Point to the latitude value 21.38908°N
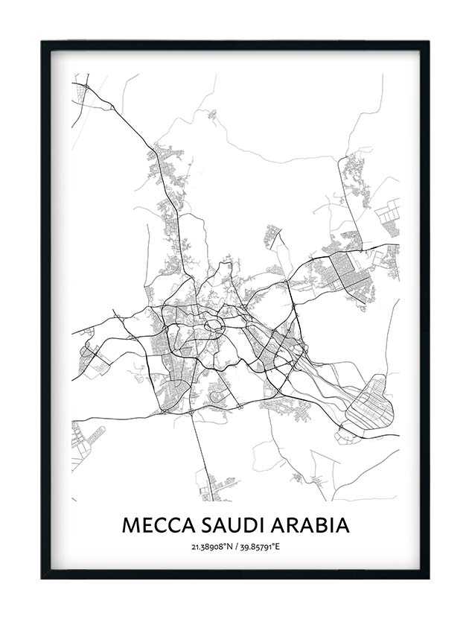[211, 548]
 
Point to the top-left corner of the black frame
[43, 43]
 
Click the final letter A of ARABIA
[342, 524]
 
